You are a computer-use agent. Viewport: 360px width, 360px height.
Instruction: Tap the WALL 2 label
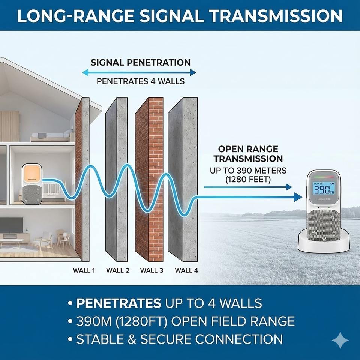point(117,270)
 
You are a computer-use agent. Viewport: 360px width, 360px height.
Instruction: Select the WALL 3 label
point(152,270)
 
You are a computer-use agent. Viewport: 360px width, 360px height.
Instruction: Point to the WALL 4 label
point(186,270)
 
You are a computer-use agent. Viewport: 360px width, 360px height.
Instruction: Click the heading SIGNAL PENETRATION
point(140,62)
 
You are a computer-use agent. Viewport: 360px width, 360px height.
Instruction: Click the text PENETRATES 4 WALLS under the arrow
point(140,81)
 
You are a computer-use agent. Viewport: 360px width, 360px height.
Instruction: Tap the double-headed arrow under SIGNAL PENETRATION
point(139,72)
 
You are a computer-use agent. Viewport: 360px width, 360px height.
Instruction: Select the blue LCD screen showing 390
point(324,189)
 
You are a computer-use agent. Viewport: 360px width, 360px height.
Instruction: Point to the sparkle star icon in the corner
point(340,340)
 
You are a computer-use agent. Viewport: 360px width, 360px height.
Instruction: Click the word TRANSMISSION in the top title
point(276,16)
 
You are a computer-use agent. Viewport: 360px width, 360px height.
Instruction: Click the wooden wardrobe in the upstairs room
point(9,126)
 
